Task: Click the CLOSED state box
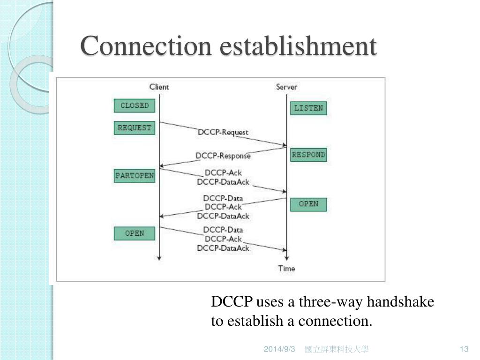tap(135, 105)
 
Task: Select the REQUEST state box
tap(135, 128)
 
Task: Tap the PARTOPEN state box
tap(135, 176)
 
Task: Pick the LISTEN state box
tap(308, 108)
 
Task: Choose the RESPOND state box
tap(308, 155)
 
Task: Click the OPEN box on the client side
tap(135, 233)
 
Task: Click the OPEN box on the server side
tap(308, 204)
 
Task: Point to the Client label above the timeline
tap(159, 87)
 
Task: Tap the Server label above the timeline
tap(286, 87)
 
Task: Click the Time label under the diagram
tap(286, 269)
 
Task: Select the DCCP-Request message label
tap(223, 132)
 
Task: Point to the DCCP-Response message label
tap(223, 156)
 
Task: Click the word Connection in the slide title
tap(145, 46)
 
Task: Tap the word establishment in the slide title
tap(298, 46)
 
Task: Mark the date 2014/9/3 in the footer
tap(279, 349)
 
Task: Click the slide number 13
tap(464, 349)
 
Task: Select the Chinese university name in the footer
tap(336, 349)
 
